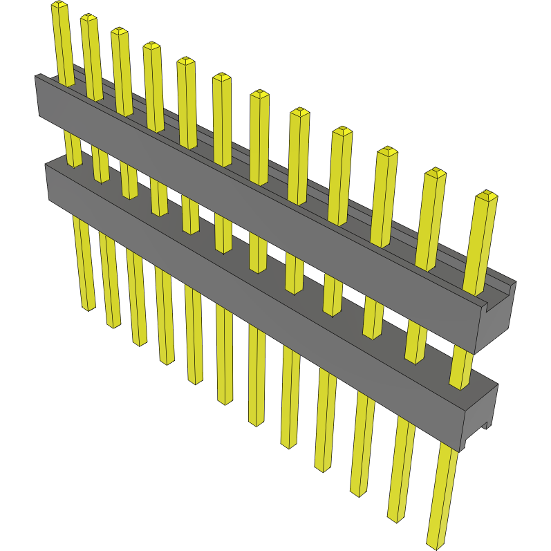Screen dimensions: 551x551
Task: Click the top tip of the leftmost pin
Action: [59, 6]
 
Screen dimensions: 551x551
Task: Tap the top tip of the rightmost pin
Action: [487, 195]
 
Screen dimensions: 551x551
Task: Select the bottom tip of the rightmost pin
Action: [437, 544]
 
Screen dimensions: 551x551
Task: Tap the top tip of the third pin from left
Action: [120, 32]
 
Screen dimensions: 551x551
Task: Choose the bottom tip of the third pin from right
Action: [359, 493]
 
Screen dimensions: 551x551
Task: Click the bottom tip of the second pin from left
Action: [114, 324]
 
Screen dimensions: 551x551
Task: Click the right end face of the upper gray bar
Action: [498, 315]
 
